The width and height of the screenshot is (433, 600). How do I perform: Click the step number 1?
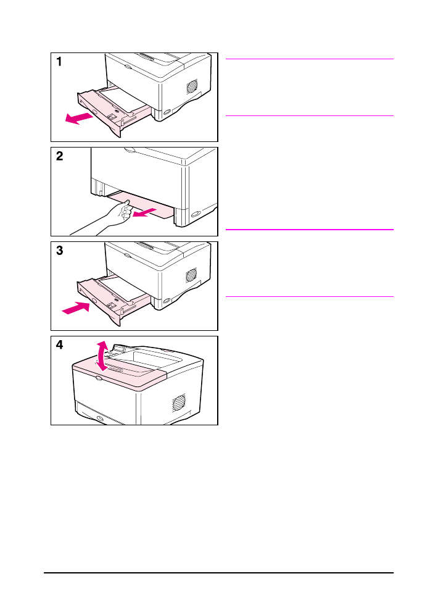pos(59,62)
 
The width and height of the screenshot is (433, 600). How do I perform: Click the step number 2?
pos(60,156)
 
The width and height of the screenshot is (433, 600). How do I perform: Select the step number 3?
pos(60,251)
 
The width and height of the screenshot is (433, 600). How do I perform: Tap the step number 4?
pos(60,345)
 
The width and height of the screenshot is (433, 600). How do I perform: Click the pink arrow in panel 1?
pos(79,119)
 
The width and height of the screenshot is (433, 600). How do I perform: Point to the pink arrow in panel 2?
pos(145,212)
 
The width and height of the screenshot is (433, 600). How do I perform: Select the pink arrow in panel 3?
pos(76,307)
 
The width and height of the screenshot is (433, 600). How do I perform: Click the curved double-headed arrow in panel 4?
pos(102,357)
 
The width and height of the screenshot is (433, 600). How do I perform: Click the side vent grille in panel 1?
pos(192,86)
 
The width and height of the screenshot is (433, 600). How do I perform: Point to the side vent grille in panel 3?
pos(192,275)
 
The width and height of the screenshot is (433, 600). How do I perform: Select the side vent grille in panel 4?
pos(178,402)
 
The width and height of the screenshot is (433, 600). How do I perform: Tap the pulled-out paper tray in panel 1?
pos(113,110)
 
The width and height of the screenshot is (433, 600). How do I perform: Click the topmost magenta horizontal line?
pos(310,59)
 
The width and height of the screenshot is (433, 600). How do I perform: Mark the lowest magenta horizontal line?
pos(310,296)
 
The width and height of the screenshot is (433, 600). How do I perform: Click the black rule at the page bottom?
pos(219,573)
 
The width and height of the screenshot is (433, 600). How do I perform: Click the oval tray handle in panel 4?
pos(100,419)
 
